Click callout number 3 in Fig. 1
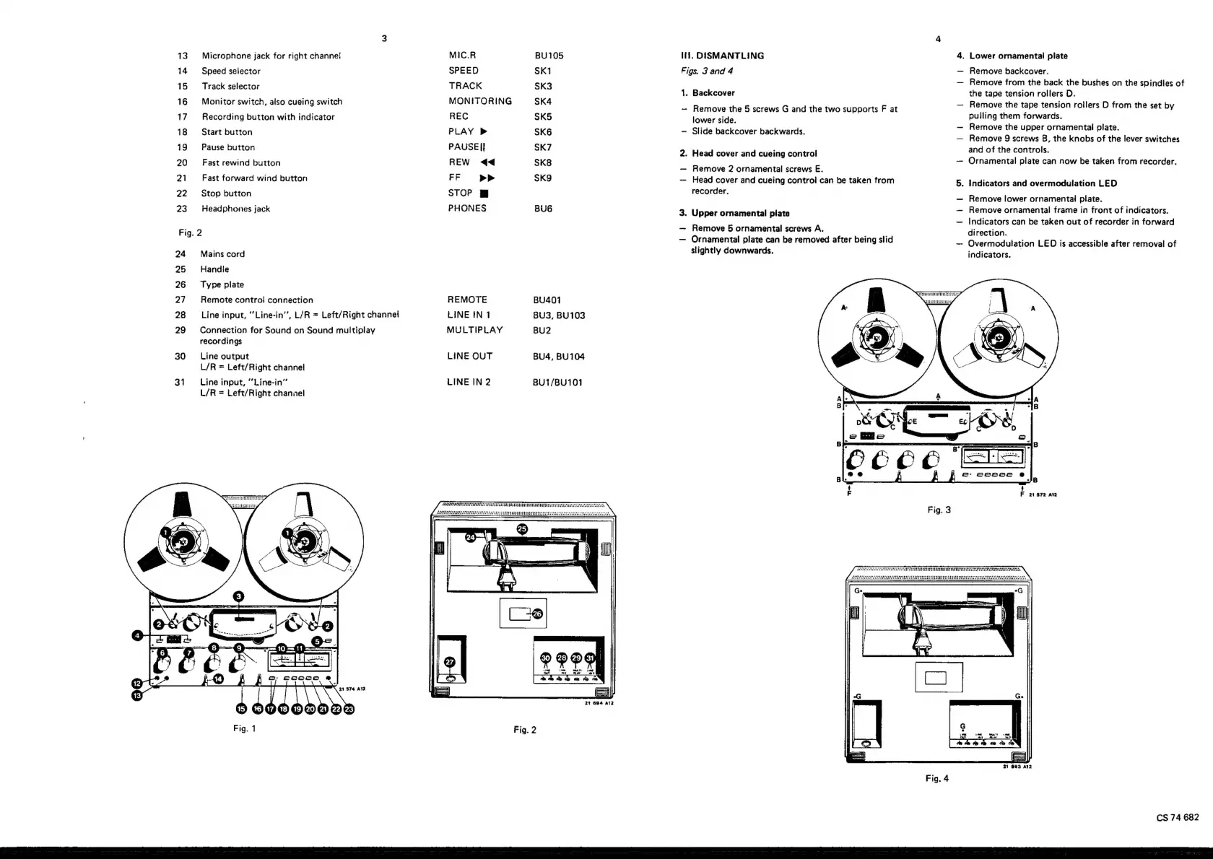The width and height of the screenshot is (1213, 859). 239,596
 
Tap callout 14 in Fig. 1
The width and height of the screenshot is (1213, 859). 218,679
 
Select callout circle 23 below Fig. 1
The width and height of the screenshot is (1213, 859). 349,709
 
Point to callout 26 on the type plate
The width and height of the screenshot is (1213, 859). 536,614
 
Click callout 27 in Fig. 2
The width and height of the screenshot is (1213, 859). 450,662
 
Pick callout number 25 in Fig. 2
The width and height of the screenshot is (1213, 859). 523,529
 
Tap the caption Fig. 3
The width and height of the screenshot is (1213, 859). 939,510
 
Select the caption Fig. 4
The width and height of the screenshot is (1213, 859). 936,778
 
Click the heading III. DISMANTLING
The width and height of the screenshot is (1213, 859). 722,56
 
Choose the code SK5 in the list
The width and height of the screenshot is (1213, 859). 543,116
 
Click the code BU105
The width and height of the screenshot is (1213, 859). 549,56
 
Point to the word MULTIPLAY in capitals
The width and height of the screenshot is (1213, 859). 474,330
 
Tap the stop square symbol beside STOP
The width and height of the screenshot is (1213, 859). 484,193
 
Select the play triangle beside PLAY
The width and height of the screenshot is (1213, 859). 484,131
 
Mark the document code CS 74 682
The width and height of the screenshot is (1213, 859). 1177,817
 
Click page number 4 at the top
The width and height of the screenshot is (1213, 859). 938,39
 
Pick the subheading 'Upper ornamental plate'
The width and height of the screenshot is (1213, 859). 740,213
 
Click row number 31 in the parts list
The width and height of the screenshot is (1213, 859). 180,382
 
